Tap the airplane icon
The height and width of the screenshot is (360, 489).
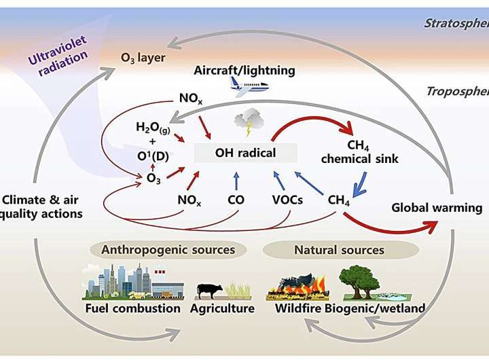coord(249,86)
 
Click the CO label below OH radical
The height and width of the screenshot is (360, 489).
coord(236,200)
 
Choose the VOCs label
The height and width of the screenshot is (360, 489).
coord(287,200)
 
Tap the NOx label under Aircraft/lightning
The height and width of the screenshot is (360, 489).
coord(190,98)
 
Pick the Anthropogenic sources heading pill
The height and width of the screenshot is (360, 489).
coord(168,250)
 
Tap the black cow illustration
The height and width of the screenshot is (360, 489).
coord(210,291)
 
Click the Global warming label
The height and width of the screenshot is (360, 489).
coord(437,207)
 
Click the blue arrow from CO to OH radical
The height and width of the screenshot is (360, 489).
coord(236,180)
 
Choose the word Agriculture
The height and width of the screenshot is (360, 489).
coord(221,308)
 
